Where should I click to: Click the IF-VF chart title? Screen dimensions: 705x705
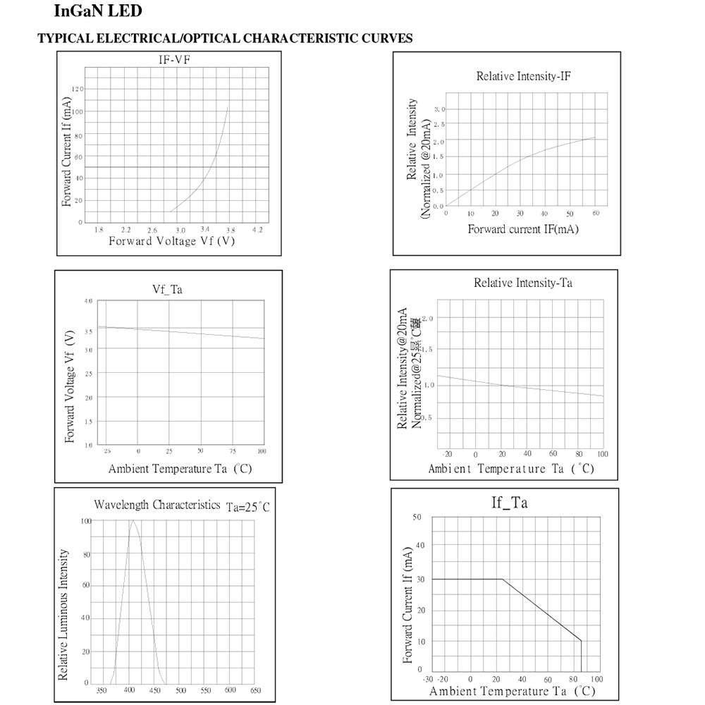click(x=174, y=60)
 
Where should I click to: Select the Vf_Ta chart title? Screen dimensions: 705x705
click(x=168, y=289)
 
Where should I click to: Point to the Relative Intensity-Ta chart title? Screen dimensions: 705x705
click(x=522, y=283)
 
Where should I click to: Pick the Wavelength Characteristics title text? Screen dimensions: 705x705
click(x=157, y=505)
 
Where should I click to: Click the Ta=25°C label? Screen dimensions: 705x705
click(x=247, y=507)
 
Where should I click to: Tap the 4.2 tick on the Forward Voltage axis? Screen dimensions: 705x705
click(x=257, y=230)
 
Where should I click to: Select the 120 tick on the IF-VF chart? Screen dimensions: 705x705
click(x=78, y=89)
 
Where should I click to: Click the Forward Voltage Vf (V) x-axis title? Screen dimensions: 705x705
click(x=171, y=242)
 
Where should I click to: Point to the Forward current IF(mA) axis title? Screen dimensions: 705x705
click(x=522, y=229)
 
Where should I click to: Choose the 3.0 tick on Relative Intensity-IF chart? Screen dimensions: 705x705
click(x=439, y=109)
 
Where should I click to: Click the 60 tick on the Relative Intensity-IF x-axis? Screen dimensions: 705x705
click(x=595, y=213)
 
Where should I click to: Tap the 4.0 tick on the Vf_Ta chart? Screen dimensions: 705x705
click(x=88, y=301)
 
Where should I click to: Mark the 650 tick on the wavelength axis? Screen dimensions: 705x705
click(x=255, y=690)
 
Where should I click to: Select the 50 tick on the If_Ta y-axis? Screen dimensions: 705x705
click(x=417, y=517)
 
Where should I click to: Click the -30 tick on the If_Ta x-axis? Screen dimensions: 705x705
click(x=427, y=679)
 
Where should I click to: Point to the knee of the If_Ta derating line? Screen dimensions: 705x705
click(x=503, y=579)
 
